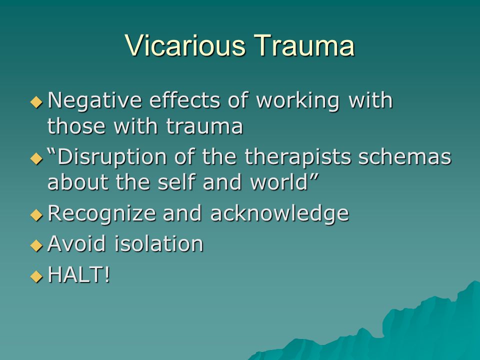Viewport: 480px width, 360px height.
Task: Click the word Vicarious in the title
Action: coord(185,45)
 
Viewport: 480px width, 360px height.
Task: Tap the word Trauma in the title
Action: coord(304,45)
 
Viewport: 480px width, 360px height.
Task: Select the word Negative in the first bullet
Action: coord(95,101)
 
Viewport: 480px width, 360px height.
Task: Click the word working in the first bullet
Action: coord(298,101)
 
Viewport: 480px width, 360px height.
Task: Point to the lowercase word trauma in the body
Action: coord(204,126)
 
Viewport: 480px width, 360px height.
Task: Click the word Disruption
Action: coord(111,157)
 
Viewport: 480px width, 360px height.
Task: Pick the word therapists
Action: coord(297,157)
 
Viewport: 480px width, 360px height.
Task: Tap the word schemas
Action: coord(404,156)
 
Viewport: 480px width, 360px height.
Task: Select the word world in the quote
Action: coord(279,182)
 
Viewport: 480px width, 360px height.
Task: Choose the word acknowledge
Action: coord(279,213)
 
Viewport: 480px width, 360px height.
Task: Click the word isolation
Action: coord(159,243)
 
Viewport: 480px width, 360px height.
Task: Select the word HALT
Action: coord(75,274)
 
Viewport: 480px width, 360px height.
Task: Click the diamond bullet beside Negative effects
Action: coord(36,102)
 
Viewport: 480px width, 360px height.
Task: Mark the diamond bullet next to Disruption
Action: coord(36,158)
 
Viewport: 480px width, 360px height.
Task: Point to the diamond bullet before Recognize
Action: coord(36,215)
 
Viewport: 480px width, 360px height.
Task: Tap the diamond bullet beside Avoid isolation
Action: coord(36,245)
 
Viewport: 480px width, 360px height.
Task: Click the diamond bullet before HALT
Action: coord(36,276)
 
